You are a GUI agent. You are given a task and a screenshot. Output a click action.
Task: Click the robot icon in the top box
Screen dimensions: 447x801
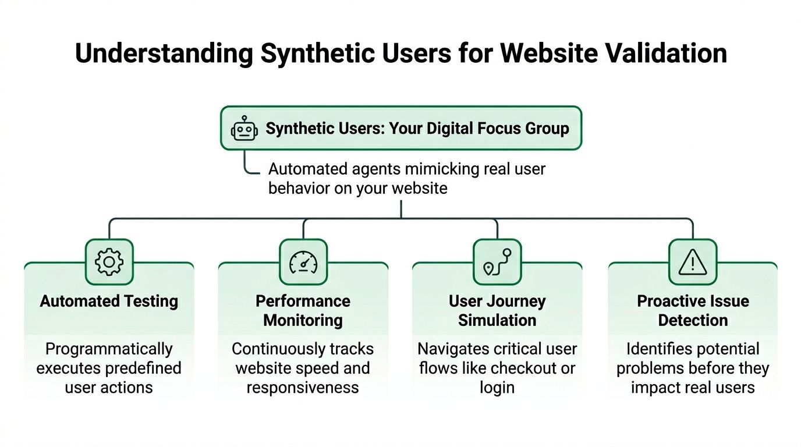[244, 128]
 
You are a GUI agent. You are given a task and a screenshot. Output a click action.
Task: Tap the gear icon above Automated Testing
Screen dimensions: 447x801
[109, 262]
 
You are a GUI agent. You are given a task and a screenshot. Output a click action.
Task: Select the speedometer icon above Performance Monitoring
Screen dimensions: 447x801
[303, 262]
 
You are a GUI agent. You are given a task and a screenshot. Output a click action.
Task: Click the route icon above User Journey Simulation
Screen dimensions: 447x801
[497, 262]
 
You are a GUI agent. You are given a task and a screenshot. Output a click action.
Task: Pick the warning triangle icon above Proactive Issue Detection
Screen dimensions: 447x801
[692, 262]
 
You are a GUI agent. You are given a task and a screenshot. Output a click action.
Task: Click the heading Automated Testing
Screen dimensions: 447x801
[109, 301]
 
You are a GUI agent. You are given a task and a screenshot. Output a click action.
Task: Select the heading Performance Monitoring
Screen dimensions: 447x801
[303, 310]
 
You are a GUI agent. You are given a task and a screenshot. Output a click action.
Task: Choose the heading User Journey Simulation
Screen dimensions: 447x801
[497, 310]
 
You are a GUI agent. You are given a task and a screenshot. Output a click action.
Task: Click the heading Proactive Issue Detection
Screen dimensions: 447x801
[693, 310]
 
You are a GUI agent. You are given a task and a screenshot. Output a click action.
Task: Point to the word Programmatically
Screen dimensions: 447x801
[109, 349]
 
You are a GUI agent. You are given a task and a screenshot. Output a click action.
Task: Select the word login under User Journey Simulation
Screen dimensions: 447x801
[497, 387]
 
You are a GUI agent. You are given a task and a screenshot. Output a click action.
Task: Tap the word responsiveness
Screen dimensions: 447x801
[303, 387]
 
